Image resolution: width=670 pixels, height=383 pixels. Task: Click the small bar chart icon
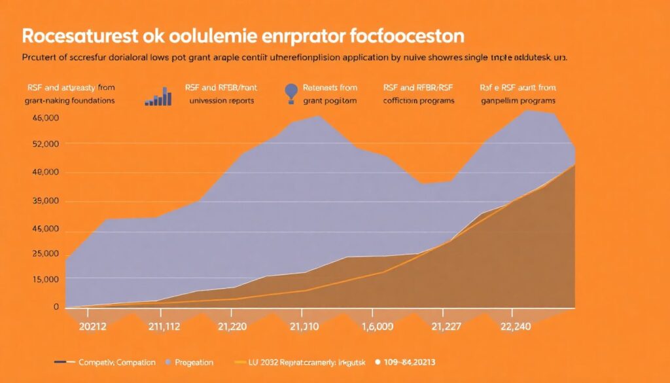pyautogui.click(x=158, y=96)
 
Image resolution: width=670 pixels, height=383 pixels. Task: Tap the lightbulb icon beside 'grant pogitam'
pyautogui.click(x=292, y=92)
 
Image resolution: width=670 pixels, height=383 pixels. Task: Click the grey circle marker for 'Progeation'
pyautogui.click(x=169, y=362)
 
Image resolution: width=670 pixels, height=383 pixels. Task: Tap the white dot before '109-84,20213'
pyautogui.click(x=378, y=361)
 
